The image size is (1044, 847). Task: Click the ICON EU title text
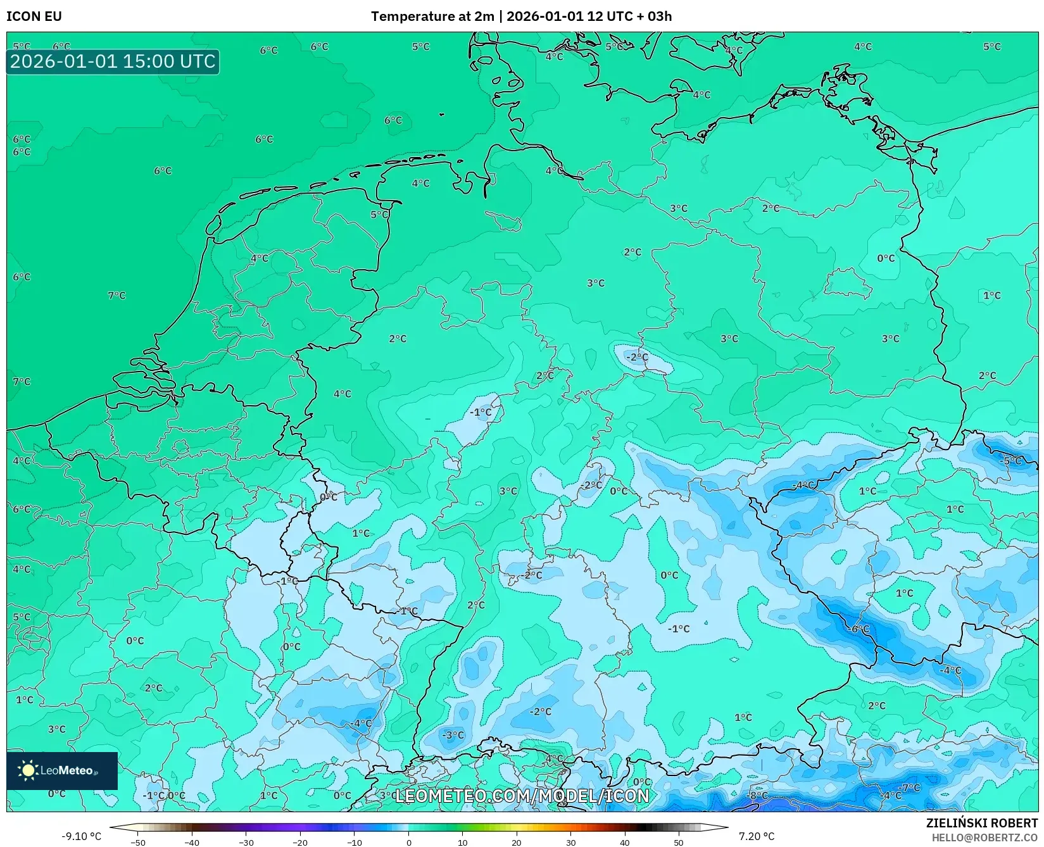[34, 16]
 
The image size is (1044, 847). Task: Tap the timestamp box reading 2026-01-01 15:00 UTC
[113, 61]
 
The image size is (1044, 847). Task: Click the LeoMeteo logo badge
[62, 770]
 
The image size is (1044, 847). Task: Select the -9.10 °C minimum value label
[81, 836]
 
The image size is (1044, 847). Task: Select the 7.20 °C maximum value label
[756, 836]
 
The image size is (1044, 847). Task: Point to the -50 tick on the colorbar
[138, 842]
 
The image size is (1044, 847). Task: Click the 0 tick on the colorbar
[408, 842]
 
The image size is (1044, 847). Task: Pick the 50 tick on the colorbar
[679, 842]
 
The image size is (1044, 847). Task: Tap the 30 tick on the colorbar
[570, 842]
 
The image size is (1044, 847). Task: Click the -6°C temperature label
[859, 629]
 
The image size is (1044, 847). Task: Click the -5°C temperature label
[1011, 460]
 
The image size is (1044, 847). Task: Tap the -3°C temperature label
[453, 735]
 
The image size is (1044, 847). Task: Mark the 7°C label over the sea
[116, 295]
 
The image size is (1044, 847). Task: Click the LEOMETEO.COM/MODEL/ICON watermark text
[522, 796]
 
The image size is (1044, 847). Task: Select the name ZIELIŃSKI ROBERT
[981, 824]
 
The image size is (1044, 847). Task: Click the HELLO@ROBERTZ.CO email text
[984, 837]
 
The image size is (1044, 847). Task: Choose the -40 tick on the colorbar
[192, 842]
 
